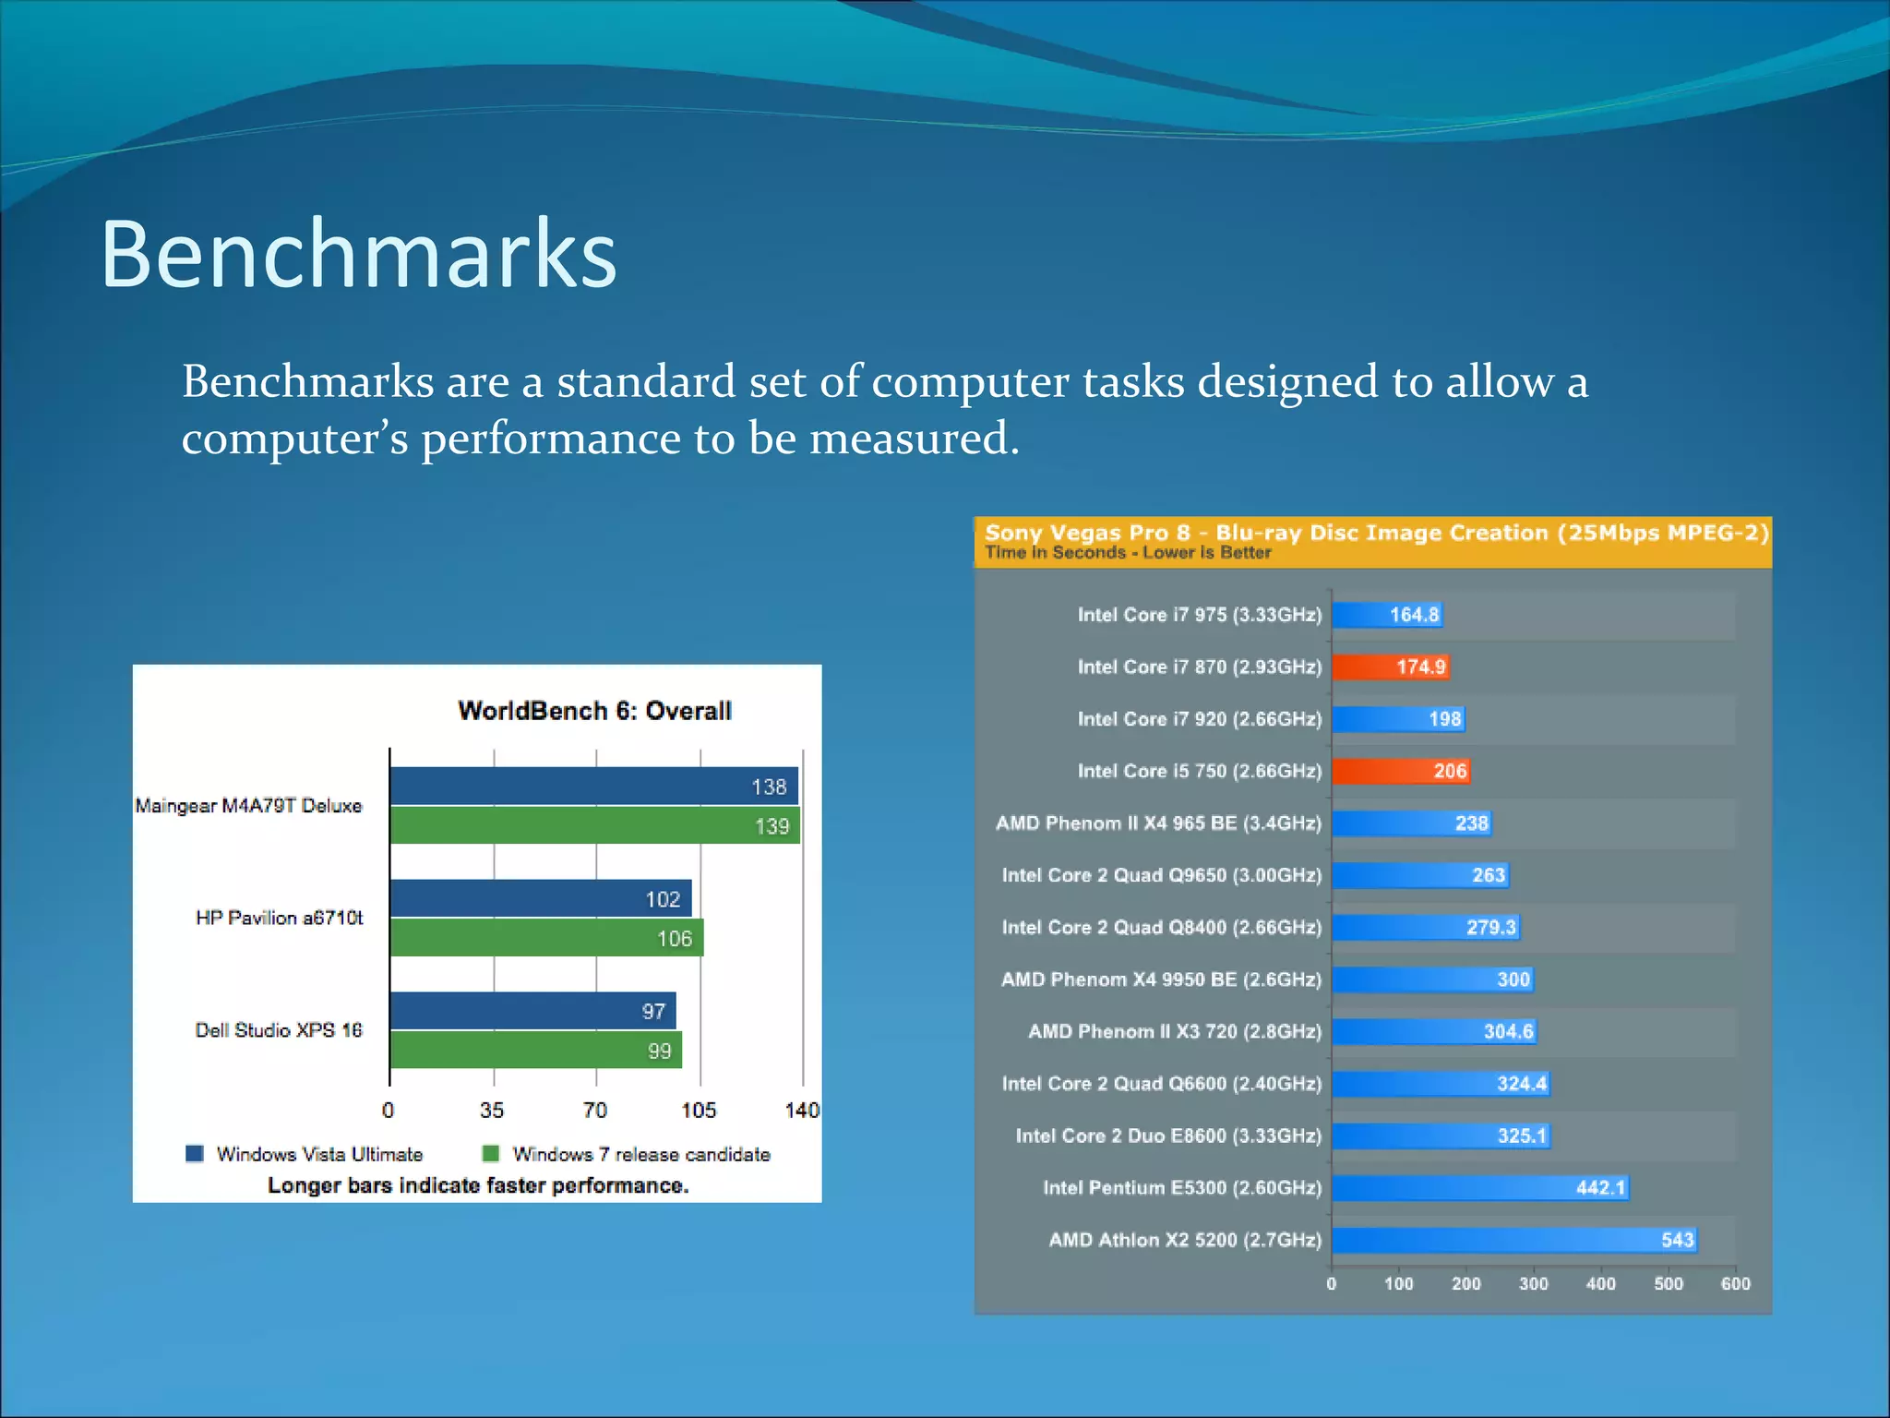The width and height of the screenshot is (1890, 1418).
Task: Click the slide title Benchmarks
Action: [x=358, y=254]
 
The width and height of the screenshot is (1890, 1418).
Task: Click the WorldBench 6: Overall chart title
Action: [x=594, y=711]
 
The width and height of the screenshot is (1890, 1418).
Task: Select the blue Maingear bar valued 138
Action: [x=592, y=786]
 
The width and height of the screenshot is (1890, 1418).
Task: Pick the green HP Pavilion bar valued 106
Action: [x=546, y=938]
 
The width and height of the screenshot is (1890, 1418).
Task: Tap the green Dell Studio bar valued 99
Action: [x=535, y=1051]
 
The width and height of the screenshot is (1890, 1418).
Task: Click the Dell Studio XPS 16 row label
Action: [x=278, y=1030]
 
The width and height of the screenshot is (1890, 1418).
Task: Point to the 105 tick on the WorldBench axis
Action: [x=699, y=1111]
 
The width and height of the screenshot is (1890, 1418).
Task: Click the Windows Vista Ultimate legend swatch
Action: [x=195, y=1154]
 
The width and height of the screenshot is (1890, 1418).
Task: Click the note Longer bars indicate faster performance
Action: [x=478, y=1185]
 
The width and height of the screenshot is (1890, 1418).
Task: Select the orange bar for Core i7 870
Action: [x=1390, y=667]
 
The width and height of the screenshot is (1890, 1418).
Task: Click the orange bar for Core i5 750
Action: [x=1400, y=771]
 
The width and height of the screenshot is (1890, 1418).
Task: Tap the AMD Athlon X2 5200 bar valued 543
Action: [x=1513, y=1240]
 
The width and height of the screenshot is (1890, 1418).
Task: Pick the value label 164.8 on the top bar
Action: [x=1414, y=615]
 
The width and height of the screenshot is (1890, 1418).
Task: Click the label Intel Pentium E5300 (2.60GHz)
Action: [x=1182, y=1188]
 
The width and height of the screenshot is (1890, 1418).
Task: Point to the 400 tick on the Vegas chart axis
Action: [x=1601, y=1284]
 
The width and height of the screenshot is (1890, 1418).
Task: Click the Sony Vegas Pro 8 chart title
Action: [x=1376, y=533]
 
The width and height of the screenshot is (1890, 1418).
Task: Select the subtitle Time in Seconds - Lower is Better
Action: [x=1128, y=553]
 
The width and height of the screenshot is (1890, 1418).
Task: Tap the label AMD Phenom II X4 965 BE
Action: [x=1158, y=823]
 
